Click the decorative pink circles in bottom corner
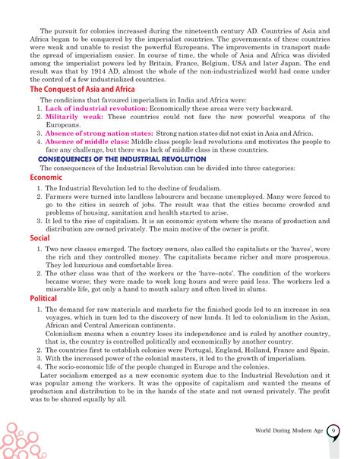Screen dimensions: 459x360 click(x=23, y=436)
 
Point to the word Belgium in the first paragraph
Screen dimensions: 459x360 click(x=239, y=66)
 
